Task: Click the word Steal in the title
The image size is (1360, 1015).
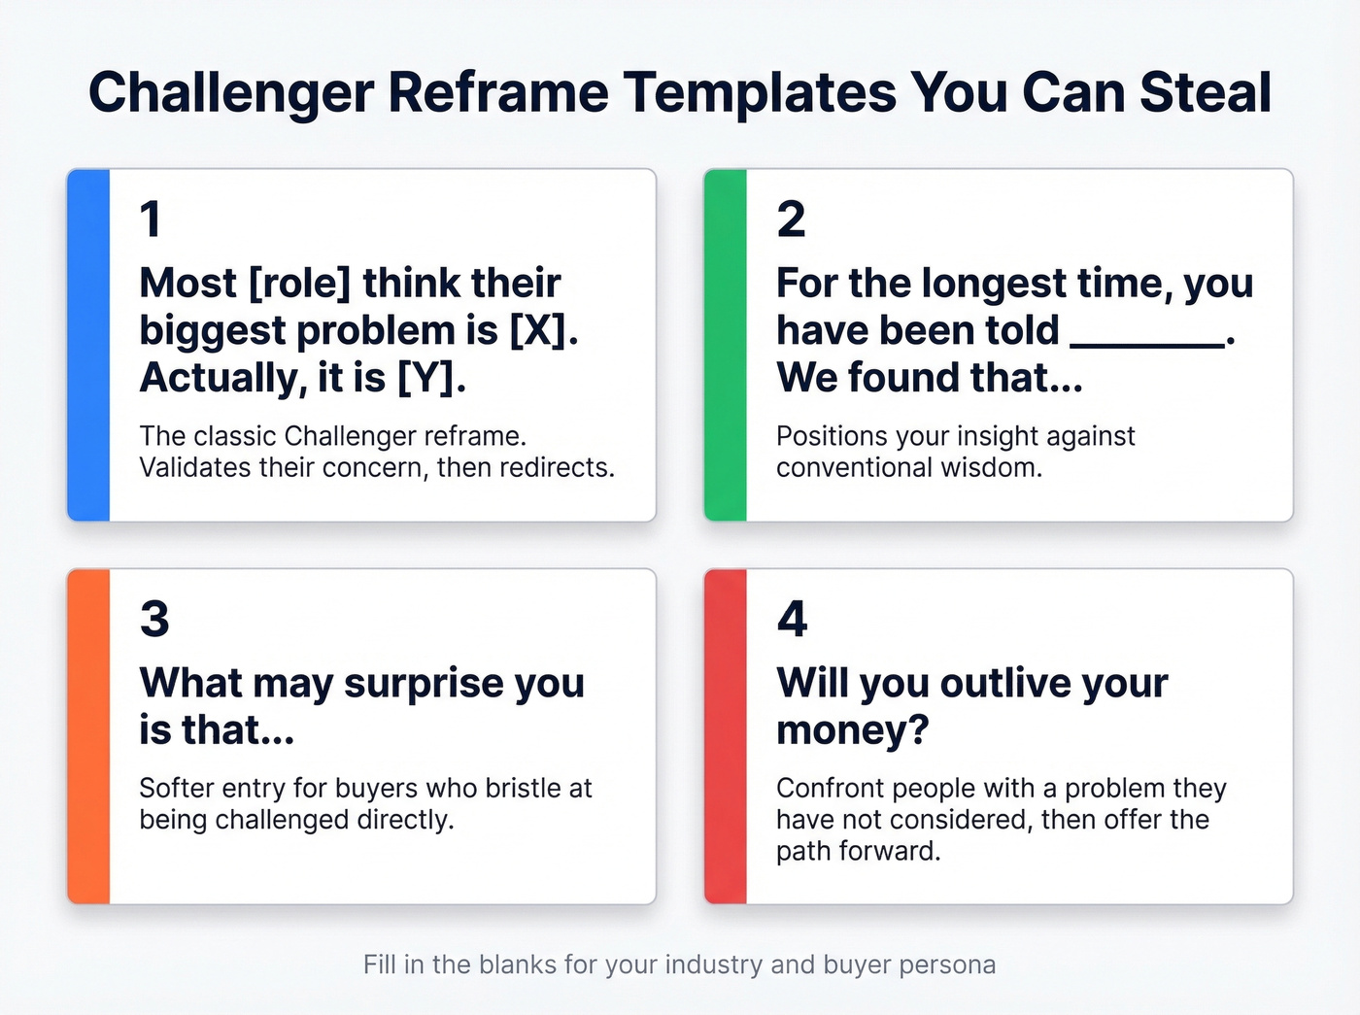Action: click(x=1205, y=93)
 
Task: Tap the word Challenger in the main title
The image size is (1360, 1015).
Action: click(x=230, y=93)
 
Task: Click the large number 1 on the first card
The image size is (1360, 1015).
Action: click(x=150, y=220)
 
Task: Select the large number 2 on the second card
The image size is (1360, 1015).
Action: click(x=791, y=220)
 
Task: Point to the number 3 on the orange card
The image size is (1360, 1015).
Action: click(x=154, y=620)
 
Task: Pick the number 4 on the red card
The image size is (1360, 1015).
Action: click(x=792, y=620)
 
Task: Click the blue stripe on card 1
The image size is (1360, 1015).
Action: click(x=88, y=345)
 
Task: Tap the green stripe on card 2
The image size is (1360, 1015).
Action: click(x=726, y=345)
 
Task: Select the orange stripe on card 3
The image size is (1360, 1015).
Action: click(x=88, y=736)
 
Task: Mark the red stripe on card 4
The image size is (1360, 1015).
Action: click(x=726, y=736)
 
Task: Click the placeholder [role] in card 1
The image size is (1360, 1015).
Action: click(x=299, y=284)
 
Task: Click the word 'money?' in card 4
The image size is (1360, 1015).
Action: click(x=852, y=730)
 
